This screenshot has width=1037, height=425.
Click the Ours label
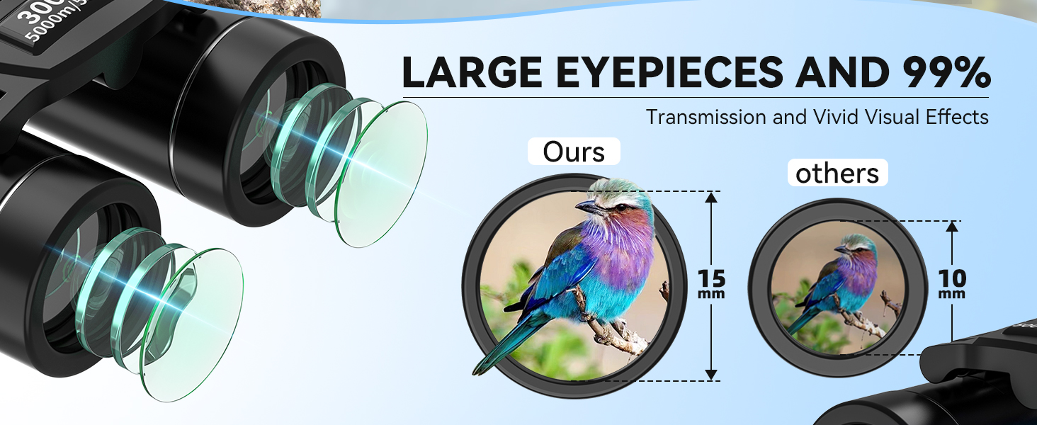[x=573, y=152]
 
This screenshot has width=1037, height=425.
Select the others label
[x=837, y=174]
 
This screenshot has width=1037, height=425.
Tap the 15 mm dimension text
[x=712, y=282]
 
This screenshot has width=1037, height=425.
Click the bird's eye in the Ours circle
[x=620, y=207]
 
